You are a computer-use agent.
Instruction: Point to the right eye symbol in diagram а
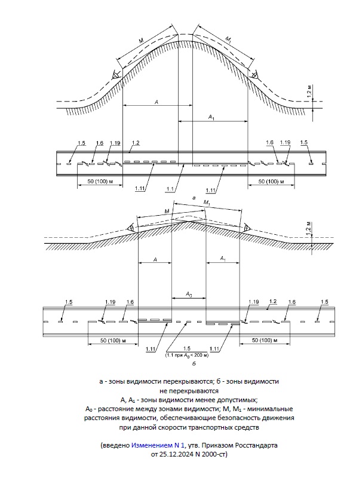click(x=254, y=74)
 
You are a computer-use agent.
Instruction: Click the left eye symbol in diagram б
click(x=130, y=228)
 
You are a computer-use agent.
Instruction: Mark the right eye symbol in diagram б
click(x=246, y=227)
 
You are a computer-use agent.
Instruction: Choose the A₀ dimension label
click(x=188, y=294)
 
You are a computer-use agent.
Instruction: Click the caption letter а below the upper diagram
click(x=192, y=197)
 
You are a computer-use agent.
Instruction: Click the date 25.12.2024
click(x=177, y=454)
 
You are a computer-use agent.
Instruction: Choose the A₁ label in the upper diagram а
click(x=211, y=117)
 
